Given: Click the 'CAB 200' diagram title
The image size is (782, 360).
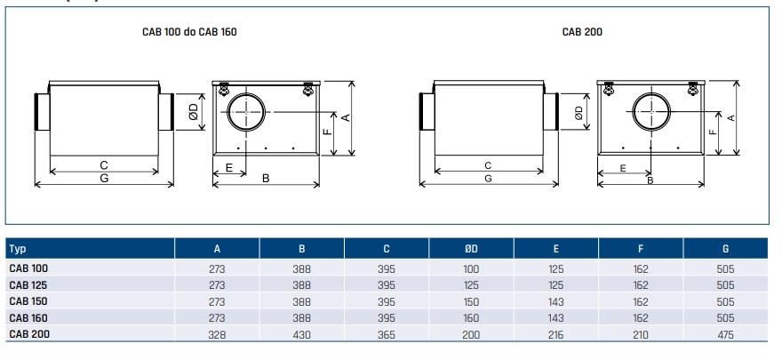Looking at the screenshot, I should pyautogui.click(x=583, y=32).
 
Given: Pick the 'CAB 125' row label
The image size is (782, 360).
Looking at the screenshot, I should pyautogui.click(x=28, y=284).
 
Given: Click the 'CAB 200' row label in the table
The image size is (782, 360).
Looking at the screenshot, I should pyautogui.click(x=28, y=333).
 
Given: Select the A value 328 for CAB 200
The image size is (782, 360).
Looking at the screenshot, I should pyautogui.click(x=217, y=333).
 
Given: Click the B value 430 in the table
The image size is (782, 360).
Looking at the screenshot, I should pyautogui.click(x=301, y=333).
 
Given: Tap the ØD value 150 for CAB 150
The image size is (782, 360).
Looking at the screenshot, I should pyautogui.click(x=470, y=301).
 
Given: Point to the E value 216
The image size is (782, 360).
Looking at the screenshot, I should pyautogui.click(x=555, y=333).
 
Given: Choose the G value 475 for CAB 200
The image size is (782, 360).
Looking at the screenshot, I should pyautogui.click(x=725, y=333).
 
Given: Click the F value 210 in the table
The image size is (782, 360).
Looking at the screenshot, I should pyautogui.click(x=641, y=333).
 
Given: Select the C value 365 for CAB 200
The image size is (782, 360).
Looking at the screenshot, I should pyautogui.click(x=386, y=333).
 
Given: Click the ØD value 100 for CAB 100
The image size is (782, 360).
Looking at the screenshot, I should pyautogui.click(x=470, y=268).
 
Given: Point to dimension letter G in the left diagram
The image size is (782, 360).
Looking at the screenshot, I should pyautogui.click(x=104, y=179).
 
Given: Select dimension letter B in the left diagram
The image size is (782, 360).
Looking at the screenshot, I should pyautogui.click(x=266, y=179).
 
